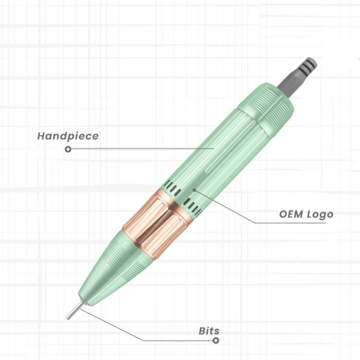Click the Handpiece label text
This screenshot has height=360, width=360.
pyautogui.click(x=68, y=136)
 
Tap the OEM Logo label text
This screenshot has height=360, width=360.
pyautogui.click(x=306, y=215)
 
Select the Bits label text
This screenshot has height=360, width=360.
pyautogui.click(x=209, y=331)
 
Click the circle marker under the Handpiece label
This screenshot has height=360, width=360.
pyautogui.click(x=68, y=149)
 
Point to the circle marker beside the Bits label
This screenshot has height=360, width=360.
pyautogui.click(x=216, y=340)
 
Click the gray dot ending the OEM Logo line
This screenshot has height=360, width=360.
pyautogui.click(x=194, y=190)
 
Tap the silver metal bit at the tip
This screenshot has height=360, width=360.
pyautogui.click(x=75, y=310)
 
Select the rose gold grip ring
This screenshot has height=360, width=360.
pyautogui.click(x=157, y=224)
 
